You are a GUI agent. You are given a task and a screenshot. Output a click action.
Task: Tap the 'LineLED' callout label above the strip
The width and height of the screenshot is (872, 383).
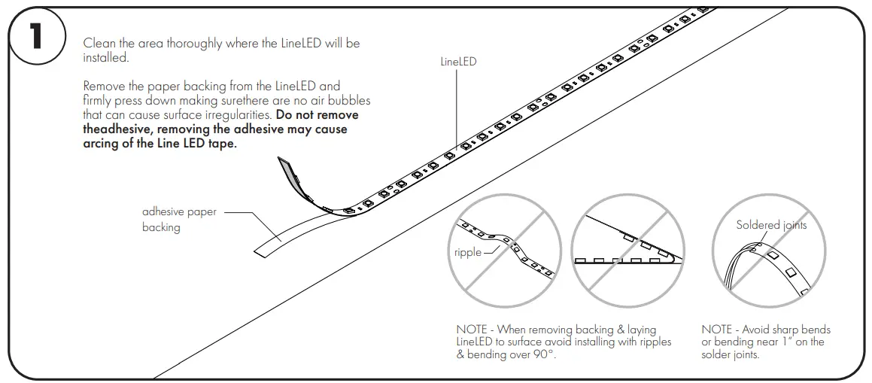click(458, 62)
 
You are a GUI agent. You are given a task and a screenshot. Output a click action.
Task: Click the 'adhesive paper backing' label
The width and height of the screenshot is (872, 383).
click(179, 219)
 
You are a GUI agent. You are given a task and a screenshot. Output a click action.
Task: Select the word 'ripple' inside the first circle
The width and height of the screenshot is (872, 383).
click(467, 252)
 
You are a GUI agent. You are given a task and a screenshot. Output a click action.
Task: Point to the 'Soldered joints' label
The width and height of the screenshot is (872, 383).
click(771, 225)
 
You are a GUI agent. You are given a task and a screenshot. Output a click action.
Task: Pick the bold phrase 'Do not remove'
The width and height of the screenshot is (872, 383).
click(318, 115)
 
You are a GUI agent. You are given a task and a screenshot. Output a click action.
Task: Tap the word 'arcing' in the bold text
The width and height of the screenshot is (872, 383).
click(102, 144)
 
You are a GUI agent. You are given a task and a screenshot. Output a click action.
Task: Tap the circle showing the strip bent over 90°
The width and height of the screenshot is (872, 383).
click(628, 251)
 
